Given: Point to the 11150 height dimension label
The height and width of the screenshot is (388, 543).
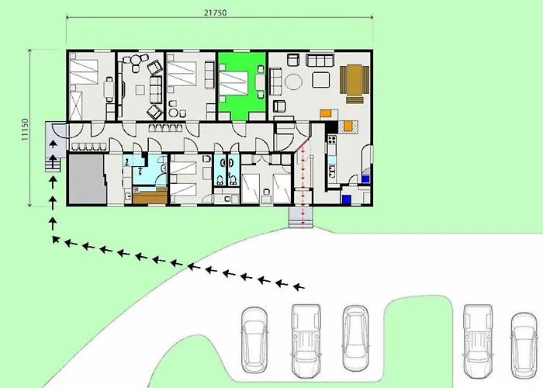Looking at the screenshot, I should tap(25, 130).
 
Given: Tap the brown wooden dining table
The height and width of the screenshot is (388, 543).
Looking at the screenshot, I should tap(352, 81).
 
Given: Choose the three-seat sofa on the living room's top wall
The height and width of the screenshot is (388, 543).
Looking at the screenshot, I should tap(317, 60).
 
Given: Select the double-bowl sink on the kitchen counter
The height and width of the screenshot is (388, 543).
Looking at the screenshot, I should tap(330, 163).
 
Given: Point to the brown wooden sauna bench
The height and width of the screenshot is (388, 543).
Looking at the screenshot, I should tap(149, 197).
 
